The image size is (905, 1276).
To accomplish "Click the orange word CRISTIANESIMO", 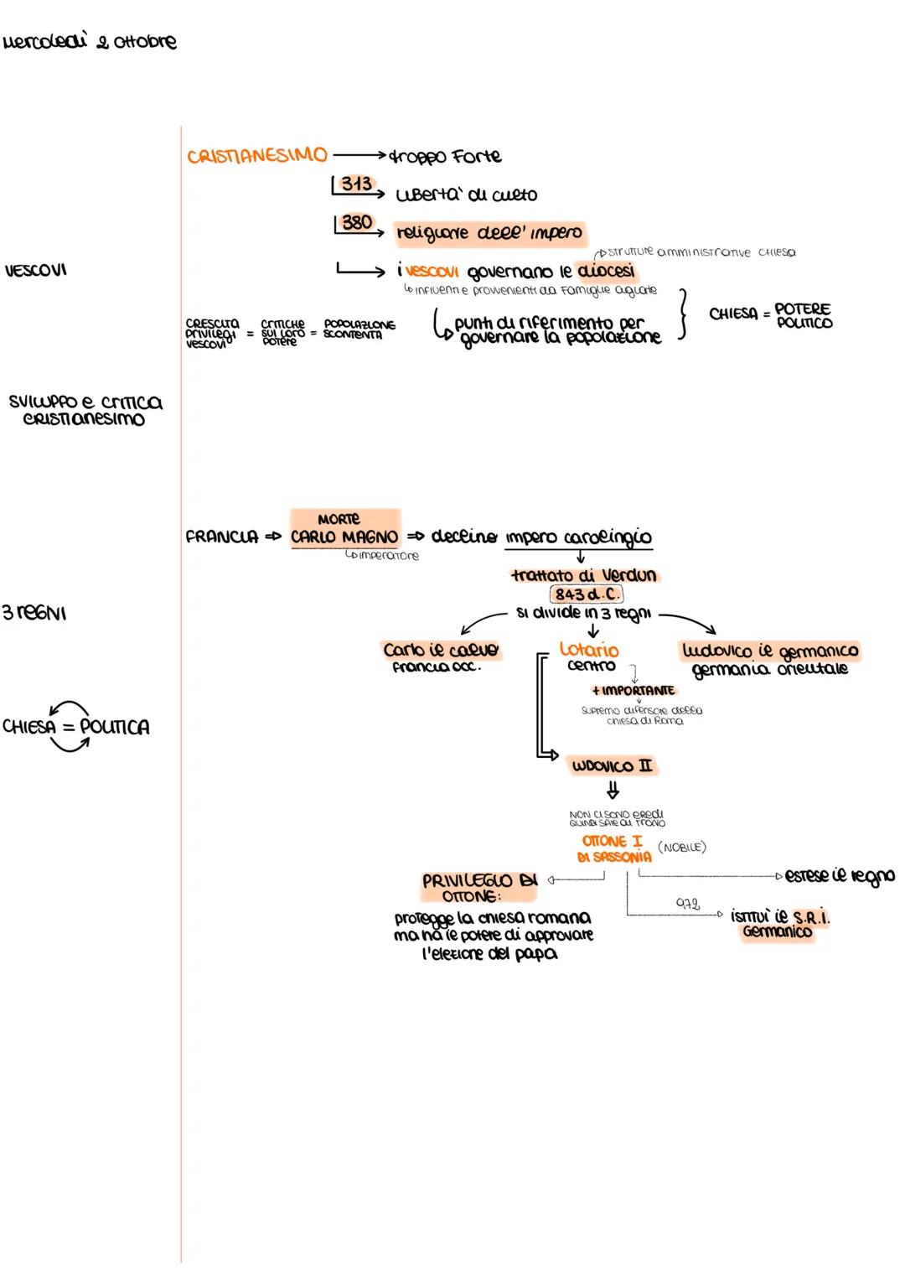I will (x=256, y=156).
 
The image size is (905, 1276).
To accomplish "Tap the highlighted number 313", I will (x=356, y=184).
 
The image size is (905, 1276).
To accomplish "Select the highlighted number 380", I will (x=357, y=223).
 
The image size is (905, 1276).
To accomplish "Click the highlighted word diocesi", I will (x=606, y=272).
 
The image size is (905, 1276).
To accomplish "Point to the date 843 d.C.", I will (x=587, y=594).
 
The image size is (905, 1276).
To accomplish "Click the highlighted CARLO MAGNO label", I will (x=344, y=537).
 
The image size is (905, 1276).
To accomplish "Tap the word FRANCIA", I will (x=222, y=537).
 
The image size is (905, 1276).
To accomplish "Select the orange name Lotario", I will (x=589, y=650).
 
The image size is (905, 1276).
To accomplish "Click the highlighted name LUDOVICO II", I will (x=613, y=766).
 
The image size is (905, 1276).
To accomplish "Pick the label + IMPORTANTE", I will (x=633, y=691).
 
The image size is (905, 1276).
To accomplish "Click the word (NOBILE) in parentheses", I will (x=682, y=848).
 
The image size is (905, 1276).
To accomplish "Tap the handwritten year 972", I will (x=688, y=905).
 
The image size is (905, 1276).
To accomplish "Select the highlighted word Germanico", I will (x=777, y=932).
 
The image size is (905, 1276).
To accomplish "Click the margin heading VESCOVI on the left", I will (x=35, y=270).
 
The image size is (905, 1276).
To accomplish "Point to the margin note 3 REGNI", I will (x=34, y=613).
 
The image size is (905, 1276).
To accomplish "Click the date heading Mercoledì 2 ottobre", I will (x=90, y=42).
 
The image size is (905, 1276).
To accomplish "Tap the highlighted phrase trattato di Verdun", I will (x=584, y=576).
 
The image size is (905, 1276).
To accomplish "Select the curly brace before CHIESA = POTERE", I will (x=683, y=314).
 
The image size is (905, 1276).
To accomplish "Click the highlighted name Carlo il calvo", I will (x=441, y=651).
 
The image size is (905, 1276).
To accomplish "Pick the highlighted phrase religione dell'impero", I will (x=489, y=233).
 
